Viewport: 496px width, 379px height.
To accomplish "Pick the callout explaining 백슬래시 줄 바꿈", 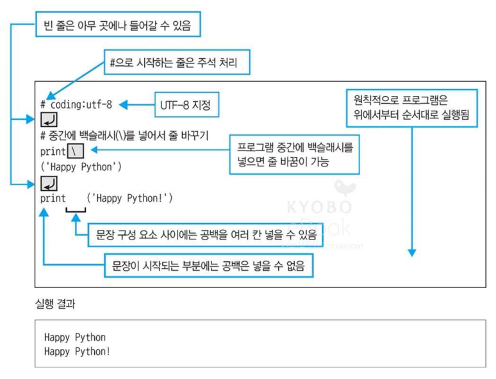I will point(295,155).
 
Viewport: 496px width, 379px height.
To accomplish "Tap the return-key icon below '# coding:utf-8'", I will point(49,119).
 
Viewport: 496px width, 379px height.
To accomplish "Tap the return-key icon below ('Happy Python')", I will point(49,184).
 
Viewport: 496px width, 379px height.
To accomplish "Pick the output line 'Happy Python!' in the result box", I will point(77,351).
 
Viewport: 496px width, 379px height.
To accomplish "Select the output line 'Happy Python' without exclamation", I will point(74,337).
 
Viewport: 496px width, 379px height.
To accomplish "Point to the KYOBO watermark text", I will point(319,207).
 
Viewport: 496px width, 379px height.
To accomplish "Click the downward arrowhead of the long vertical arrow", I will point(412,252).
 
